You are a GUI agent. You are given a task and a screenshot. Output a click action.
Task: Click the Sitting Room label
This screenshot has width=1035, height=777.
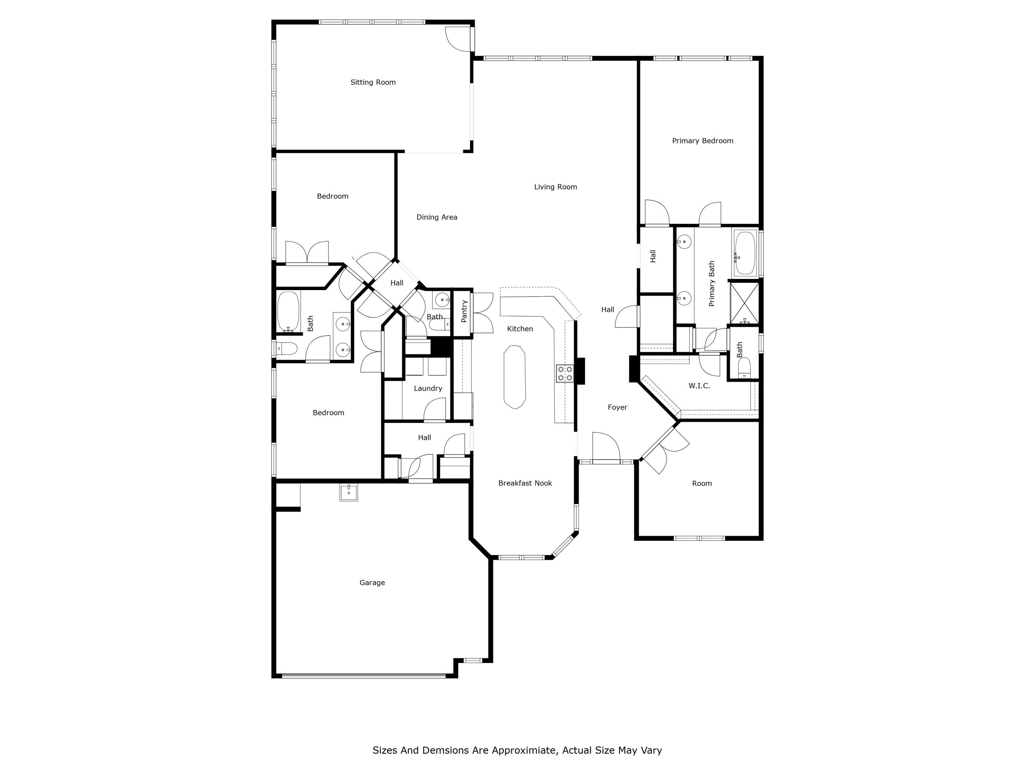[x=373, y=83]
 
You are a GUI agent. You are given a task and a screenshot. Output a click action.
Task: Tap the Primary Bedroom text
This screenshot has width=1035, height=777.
[x=702, y=141]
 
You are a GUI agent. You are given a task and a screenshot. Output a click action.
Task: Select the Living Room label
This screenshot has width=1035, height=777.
[x=555, y=187]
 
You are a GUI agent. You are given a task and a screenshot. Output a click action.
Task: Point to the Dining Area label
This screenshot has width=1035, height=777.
[x=436, y=217]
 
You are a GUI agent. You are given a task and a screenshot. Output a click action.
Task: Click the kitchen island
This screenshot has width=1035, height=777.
[x=515, y=377]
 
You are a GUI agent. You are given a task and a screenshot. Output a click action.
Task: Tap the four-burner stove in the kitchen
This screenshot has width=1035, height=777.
[x=565, y=374]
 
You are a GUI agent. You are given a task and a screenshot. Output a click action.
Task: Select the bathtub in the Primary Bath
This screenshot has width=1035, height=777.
[x=745, y=252]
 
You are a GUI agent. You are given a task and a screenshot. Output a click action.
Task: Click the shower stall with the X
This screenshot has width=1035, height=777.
[x=745, y=303]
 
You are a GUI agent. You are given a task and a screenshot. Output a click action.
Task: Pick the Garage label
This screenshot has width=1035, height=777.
[x=372, y=583]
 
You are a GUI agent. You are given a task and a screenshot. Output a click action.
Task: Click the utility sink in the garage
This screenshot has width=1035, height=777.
[x=348, y=493]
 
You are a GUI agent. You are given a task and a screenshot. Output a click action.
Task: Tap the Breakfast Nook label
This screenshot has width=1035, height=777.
[x=525, y=483]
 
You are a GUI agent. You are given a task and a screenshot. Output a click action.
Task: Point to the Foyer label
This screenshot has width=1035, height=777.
[x=617, y=407]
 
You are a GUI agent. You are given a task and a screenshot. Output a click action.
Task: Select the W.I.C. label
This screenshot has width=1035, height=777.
[x=699, y=386]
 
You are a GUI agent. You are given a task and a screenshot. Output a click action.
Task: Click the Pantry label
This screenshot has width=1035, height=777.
[x=464, y=311]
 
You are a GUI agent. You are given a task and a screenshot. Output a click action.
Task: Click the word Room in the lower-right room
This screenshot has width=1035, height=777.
[x=702, y=483]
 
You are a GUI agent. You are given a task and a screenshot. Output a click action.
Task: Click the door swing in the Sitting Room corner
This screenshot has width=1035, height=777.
[x=458, y=39]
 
